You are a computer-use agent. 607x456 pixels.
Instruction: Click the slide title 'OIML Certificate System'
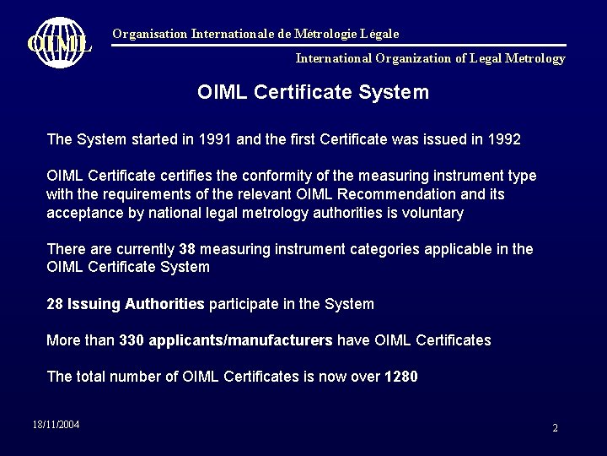click(x=313, y=91)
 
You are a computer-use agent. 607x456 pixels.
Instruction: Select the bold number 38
click(x=188, y=250)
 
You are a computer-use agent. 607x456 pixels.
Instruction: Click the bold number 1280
click(x=400, y=377)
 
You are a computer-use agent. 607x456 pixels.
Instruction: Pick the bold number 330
click(x=131, y=339)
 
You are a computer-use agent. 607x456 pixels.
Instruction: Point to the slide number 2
click(x=555, y=428)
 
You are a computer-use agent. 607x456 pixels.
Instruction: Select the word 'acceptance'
click(x=85, y=213)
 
